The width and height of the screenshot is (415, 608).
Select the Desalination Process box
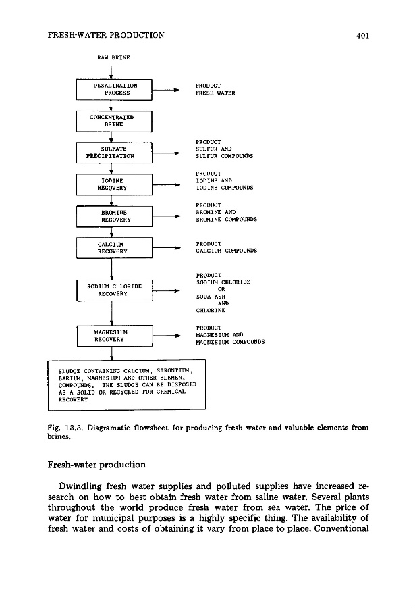point(116,90)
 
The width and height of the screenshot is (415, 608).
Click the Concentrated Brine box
point(116,121)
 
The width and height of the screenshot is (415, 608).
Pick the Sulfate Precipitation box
point(115,153)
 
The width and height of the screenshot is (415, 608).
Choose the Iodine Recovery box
point(115,184)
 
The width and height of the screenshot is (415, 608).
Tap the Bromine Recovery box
point(115,216)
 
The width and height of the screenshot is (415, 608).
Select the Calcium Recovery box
point(115,248)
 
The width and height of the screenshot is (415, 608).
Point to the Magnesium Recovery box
point(115,336)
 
